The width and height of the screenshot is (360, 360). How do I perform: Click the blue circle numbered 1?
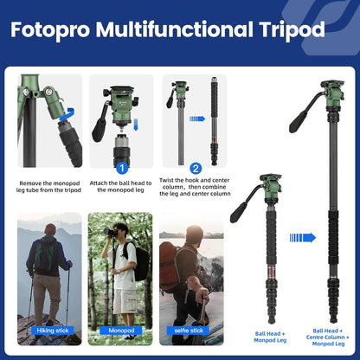122,168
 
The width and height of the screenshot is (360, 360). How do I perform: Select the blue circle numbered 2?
196,168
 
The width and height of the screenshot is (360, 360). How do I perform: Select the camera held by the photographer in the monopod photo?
112,234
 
